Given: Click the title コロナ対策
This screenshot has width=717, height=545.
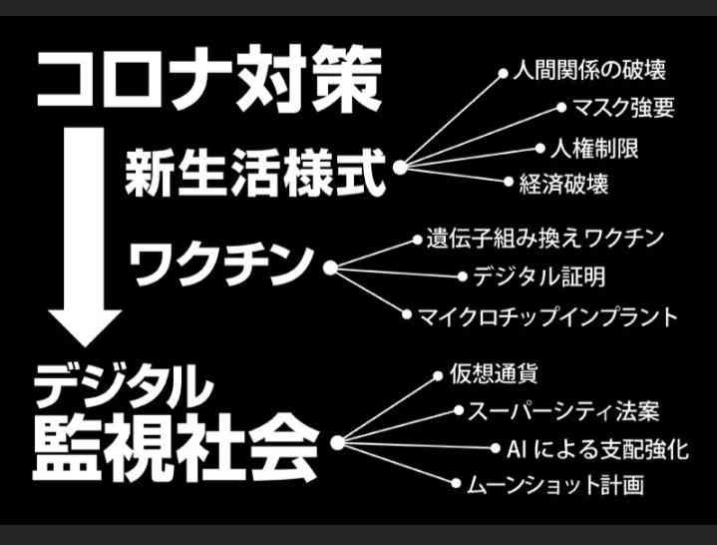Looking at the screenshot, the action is coord(209,79).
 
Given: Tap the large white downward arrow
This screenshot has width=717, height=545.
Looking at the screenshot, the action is coord(85,237).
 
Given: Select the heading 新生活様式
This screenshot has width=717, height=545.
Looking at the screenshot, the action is coord(255,174).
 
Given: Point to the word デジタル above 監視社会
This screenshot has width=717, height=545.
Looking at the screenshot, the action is coord(124,386).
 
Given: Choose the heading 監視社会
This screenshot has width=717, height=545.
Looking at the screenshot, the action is coord(176,447).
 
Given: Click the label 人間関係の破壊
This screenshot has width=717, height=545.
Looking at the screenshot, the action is coord(589,70).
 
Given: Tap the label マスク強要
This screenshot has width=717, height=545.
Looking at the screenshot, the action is coord(623,108).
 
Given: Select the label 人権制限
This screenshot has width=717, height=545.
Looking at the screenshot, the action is coord(594,149).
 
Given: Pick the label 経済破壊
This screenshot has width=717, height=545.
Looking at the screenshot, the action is coord(563,184).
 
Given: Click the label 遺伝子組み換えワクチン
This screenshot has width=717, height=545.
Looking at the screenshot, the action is coord(544,239).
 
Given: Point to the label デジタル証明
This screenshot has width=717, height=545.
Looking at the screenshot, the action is coord(539,276).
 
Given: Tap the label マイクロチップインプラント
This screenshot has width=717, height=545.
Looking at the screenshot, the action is coord(547,317).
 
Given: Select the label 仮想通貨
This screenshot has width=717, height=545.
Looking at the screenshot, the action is coord(493,374).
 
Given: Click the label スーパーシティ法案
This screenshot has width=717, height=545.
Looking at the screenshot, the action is coord(563,411).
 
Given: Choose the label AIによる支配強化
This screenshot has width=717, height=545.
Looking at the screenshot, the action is coord(597,449).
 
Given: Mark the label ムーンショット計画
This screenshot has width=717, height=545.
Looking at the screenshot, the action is coord(555,485).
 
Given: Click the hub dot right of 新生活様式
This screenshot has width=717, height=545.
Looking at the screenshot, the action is coord(400,168).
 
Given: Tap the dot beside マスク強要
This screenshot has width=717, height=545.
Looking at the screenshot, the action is coord(561,108).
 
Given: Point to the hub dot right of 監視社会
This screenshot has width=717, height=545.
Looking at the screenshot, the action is coord(337,442).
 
